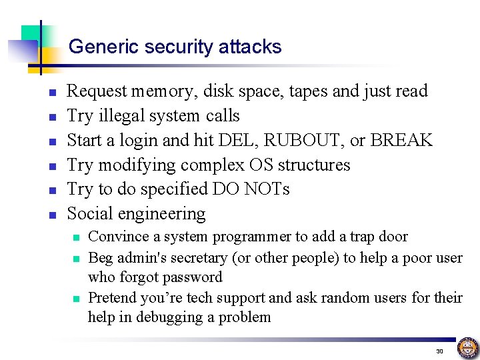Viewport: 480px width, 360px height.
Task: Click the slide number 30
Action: (x=439, y=351)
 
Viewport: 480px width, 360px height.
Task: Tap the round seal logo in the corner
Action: (x=468, y=347)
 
